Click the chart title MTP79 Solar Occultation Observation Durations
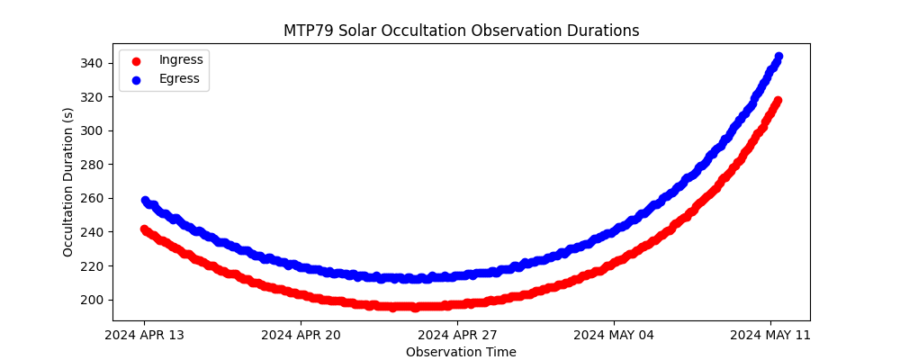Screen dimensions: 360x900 click(x=461, y=31)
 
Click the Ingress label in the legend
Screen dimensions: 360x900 click(x=181, y=59)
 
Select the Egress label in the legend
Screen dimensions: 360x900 click(x=179, y=78)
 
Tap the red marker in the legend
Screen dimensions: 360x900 click(x=136, y=60)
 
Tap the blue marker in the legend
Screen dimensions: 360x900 click(x=136, y=79)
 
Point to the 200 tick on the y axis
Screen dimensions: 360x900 click(x=93, y=300)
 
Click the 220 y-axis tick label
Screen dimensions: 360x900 click(x=93, y=265)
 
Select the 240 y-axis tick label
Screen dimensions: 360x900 click(x=93, y=232)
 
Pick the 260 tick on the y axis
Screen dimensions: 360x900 click(x=93, y=198)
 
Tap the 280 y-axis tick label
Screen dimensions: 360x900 click(x=93, y=164)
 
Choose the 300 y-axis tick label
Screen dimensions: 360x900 click(x=93, y=130)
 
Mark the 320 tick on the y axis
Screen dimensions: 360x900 click(x=93, y=96)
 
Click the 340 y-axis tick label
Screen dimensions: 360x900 click(x=93, y=63)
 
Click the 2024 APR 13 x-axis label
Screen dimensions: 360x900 click(x=144, y=336)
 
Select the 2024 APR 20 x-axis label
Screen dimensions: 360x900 click(x=301, y=336)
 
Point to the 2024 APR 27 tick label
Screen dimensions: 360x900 click(x=457, y=336)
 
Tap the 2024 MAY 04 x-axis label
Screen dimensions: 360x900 click(x=614, y=336)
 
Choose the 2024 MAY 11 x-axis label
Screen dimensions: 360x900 click(x=770, y=336)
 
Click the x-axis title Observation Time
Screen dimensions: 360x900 click(x=461, y=352)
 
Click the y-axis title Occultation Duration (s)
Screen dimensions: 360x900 click(x=68, y=182)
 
